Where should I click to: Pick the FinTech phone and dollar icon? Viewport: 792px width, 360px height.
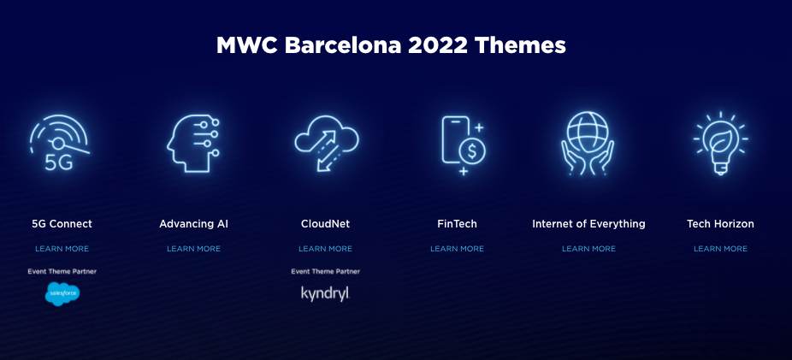click(x=462, y=143)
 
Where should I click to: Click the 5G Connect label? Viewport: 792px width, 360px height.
click(x=62, y=224)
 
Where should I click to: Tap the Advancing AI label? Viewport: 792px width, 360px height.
click(x=193, y=224)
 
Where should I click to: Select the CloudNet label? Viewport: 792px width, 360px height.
click(x=325, y=224)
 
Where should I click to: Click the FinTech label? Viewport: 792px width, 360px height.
click(x=457, y=224)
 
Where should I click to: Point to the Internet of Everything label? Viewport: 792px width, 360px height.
click(x=588, y=224)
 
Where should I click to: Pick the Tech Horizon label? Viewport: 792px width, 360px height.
click(x=720, y=224)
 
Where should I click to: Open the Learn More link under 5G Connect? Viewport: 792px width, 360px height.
click(x=62, y=249)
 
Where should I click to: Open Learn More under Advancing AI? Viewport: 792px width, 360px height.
click(x=193, y=249)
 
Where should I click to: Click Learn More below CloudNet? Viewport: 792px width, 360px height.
click(x=325, y=249)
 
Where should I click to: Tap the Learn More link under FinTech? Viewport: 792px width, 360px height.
click(x=457, y=249)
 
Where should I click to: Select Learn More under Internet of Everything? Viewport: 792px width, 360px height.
click(x=588, y=249)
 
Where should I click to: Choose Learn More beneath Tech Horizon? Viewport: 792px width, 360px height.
click(x=720, y=249)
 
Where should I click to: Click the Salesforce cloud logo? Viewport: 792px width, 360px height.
click(x=62, y=294)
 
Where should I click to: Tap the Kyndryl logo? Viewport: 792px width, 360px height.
click(x=325, y=293)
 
